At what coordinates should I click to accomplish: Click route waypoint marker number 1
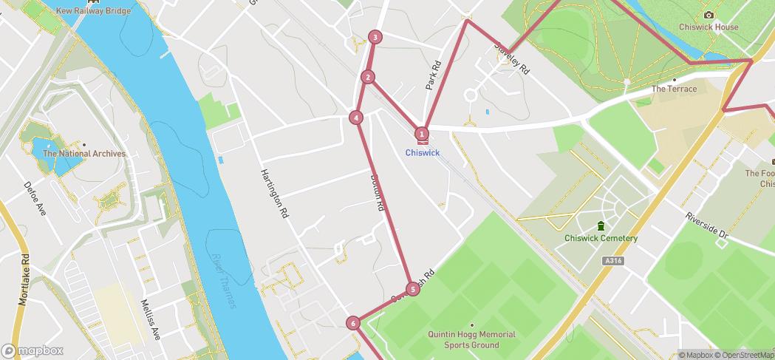pos(422,134)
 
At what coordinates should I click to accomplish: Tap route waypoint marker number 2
pos(368,77)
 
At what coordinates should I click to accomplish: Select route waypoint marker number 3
pos(375,37)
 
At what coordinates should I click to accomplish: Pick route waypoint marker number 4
pos(356,118)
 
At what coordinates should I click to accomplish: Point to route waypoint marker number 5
pos(412,289)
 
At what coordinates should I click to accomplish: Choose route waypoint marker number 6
pos(353,322)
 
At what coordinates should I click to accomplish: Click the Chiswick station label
pos(423,153)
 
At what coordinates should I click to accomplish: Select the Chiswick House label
pos(709,27)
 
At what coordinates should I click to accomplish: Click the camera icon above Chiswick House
pos(709,16)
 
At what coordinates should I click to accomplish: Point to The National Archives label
pos(84,154)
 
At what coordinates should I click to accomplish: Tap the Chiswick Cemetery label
pos(601,238)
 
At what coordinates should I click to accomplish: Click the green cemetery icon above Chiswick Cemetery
pos(601,225)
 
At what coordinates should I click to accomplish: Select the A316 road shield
pos(611,261)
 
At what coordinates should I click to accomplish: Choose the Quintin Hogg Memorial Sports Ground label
pos(471,339)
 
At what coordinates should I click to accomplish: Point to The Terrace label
pos(673,89)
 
